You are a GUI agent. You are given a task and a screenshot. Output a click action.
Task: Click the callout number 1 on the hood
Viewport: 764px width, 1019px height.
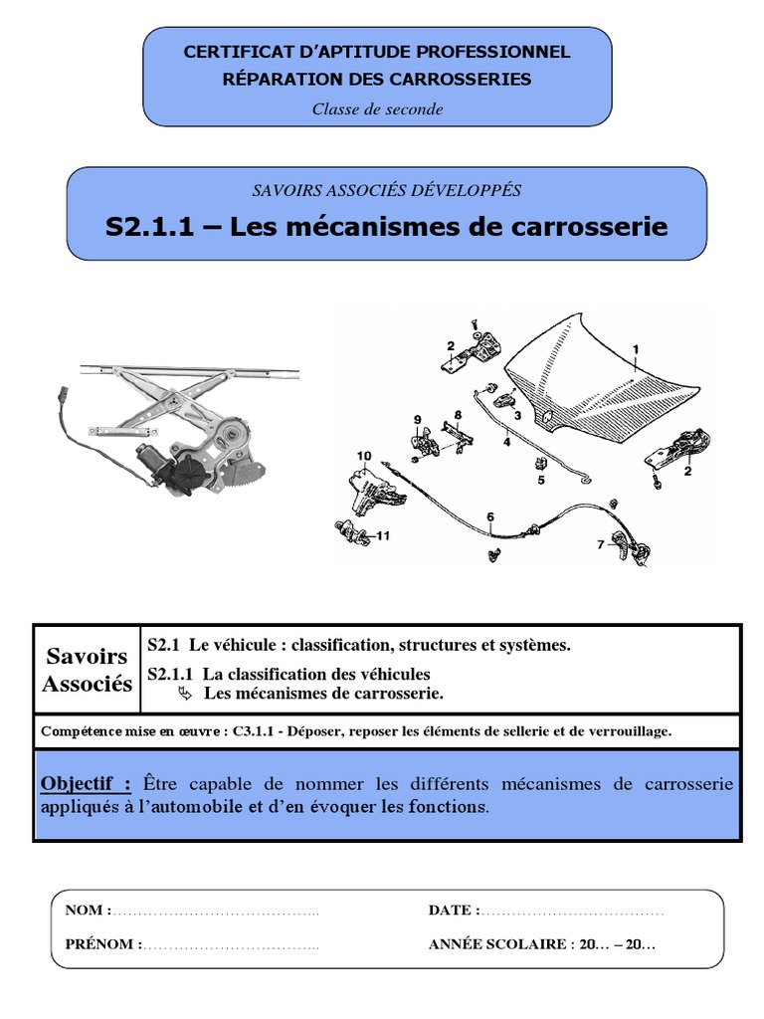coord(635,348)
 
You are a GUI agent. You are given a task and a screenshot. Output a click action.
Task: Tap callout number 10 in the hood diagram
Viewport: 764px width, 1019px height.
coord(364,456)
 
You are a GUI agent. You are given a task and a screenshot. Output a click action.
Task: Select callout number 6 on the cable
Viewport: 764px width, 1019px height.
coord(489,516)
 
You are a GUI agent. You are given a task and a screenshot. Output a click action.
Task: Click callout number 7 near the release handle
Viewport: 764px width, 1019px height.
coord(600,544)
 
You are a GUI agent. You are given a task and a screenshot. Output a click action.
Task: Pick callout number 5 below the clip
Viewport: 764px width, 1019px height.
coord(541,480)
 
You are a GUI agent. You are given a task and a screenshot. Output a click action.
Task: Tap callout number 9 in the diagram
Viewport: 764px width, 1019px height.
coord(418,419)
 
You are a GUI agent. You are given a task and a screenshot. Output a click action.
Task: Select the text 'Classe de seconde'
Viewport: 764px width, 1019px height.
coord(377,109)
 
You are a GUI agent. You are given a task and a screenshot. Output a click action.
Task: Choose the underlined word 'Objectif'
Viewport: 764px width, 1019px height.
coord(86,784)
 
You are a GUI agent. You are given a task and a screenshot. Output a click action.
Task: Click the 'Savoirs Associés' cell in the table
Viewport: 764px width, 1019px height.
coord(88,670)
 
